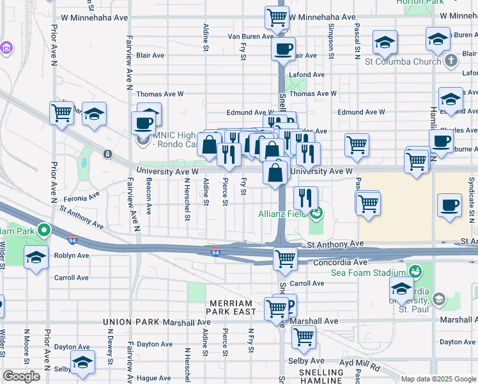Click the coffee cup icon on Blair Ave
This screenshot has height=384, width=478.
pyautogui.click(x=283, y=48)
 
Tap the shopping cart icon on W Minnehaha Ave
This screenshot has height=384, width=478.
pyautogui.click(x=277, y=17)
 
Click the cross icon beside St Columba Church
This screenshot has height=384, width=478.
pyautogui.click(x=452, y=61)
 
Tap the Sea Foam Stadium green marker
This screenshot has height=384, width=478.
pyautogui.click(x=415, y=272)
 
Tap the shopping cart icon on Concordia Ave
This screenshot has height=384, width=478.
pyautogui.click(x=284, y=259)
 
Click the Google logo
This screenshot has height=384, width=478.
pyautogui.click(x=21, y=376)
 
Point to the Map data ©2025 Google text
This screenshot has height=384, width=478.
pyautogui.click(x=438, y=379)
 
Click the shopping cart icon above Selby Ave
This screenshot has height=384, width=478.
pyautogui.click(x=304, y=335)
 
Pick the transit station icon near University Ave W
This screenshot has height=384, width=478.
pyautogui.click(x=107, y=154)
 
